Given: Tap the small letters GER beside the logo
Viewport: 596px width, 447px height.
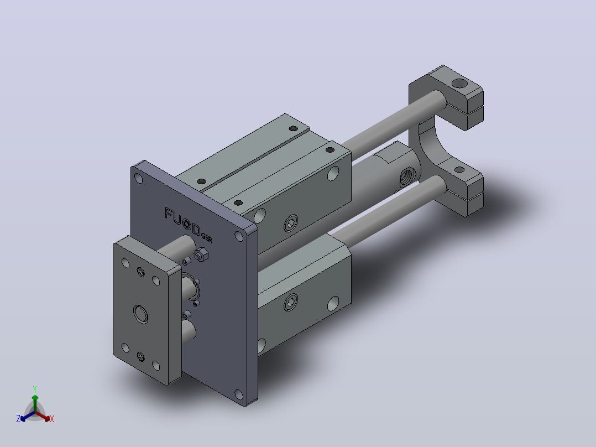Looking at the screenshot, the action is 207,238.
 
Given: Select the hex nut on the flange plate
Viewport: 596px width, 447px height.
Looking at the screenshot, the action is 201,254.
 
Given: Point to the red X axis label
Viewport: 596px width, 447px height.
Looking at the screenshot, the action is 52,419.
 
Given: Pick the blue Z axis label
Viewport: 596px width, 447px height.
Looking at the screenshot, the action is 18,418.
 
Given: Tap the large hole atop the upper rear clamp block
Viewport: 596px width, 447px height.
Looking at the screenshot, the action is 459,84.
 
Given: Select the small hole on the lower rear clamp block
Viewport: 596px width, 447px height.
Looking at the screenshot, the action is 459,170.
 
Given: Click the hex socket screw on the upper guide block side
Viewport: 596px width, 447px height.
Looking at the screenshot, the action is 291,223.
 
